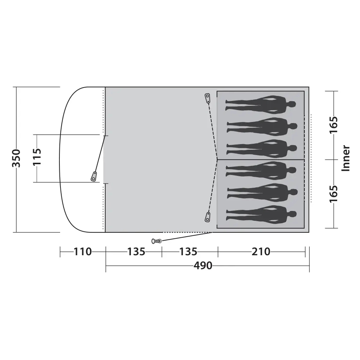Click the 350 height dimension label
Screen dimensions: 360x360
[x=16, y=159]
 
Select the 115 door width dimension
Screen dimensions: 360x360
[x=37, y=157]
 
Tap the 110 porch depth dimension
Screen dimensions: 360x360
[x=82, y=252]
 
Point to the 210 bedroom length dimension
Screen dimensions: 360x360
[x=261, y=252]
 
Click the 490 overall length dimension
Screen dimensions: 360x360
[x=203, y=266]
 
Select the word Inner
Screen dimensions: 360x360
[x=346, y=158]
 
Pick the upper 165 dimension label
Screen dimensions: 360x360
[x=334, y=125]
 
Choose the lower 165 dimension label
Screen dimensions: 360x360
[x=334, y=194]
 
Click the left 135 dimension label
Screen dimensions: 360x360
[x=136, y=252]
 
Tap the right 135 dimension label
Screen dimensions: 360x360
[x=188, y=252]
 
